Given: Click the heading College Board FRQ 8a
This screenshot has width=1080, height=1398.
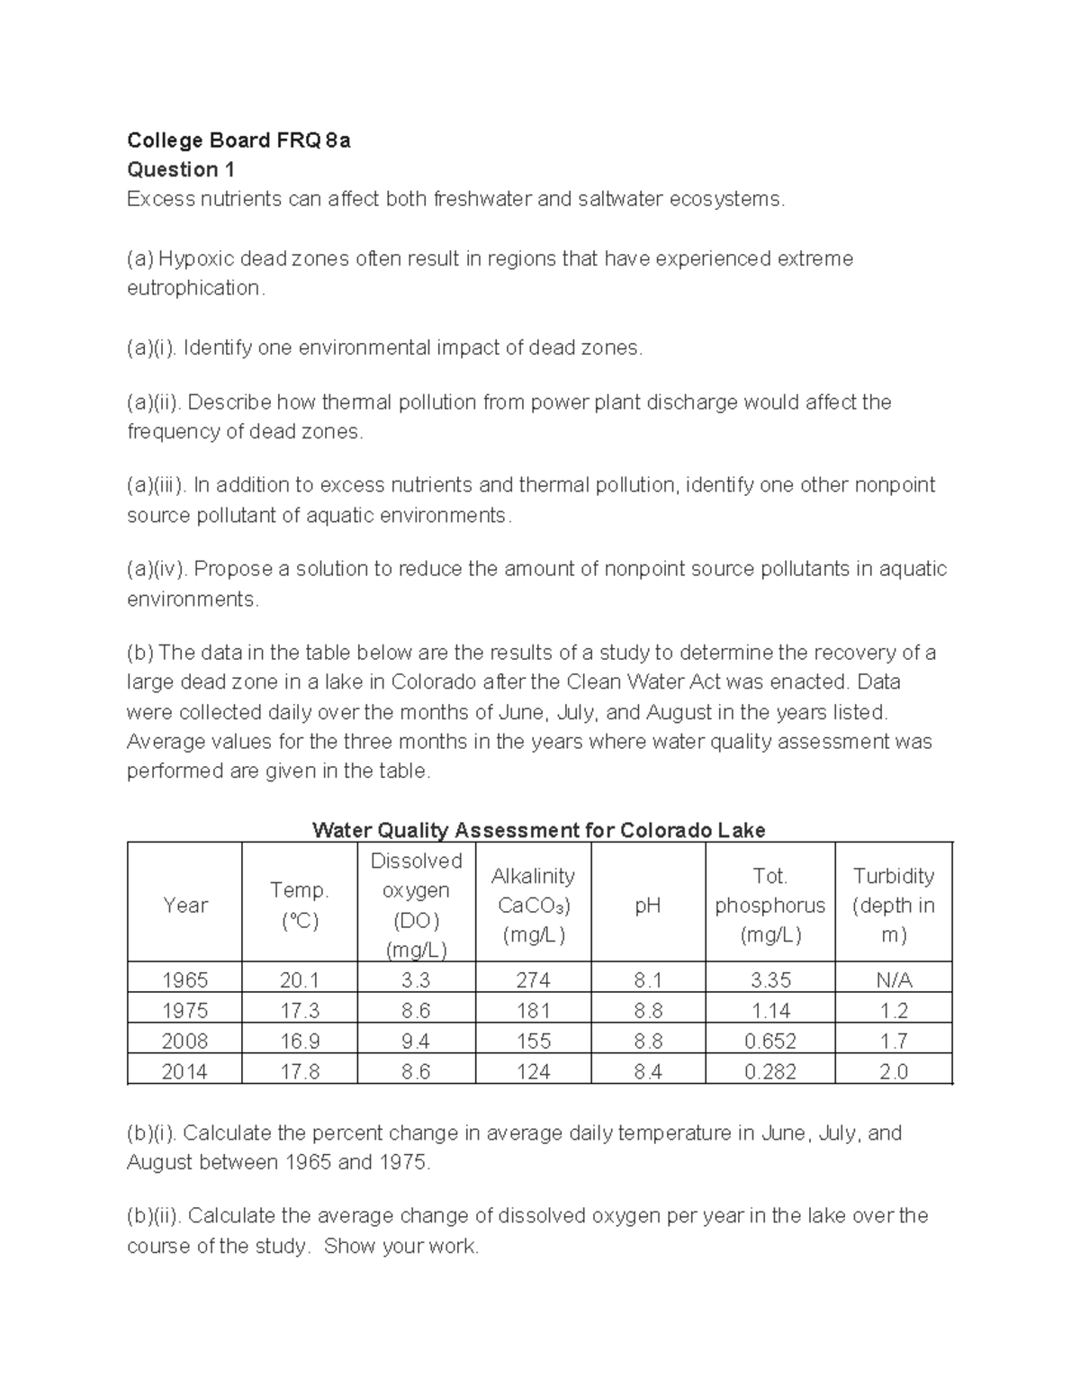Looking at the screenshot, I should [x=238, y=140].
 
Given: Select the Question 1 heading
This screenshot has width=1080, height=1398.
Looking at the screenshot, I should [x=181, y=170].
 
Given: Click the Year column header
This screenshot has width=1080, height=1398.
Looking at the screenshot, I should [x=185, y=906].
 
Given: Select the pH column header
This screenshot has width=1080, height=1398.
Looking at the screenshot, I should [x=648, y=906].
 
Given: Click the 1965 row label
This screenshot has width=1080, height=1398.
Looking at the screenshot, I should [x=185, y=980].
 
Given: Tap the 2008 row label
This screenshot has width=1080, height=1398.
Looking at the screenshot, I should [x=185, y=1042].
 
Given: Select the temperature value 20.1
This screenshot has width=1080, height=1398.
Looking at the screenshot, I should [x=300, y=980].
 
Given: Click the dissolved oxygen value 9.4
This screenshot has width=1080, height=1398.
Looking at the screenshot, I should [x=416, y=1042].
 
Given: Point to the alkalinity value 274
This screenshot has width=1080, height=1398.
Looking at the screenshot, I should [x=534, y=980].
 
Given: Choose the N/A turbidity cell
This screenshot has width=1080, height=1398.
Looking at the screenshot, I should [x=894, y=980].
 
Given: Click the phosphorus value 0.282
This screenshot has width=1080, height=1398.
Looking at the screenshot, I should [x=770, y=1072].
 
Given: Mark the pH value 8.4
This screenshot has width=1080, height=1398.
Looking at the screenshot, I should [x=648, y=1072].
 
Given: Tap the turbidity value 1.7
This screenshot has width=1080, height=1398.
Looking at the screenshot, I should [x=894, y=1042].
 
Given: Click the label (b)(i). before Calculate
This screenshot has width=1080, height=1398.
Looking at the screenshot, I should [x=152, y=1133].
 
